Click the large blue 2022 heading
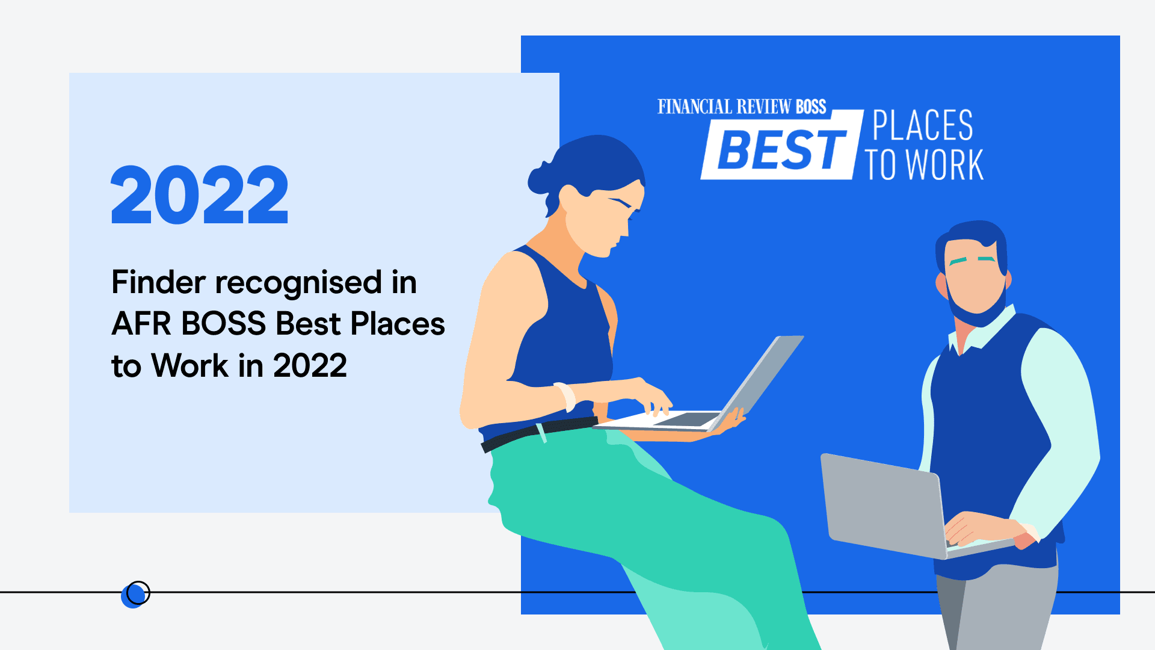(200, 195)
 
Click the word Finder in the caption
(159, 282)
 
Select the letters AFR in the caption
(141, 324)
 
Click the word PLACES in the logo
(923, 125)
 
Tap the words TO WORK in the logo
(924, 164)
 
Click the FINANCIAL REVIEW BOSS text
(742, 107)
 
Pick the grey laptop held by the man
(890, 506)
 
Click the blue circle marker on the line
(133, 595)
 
